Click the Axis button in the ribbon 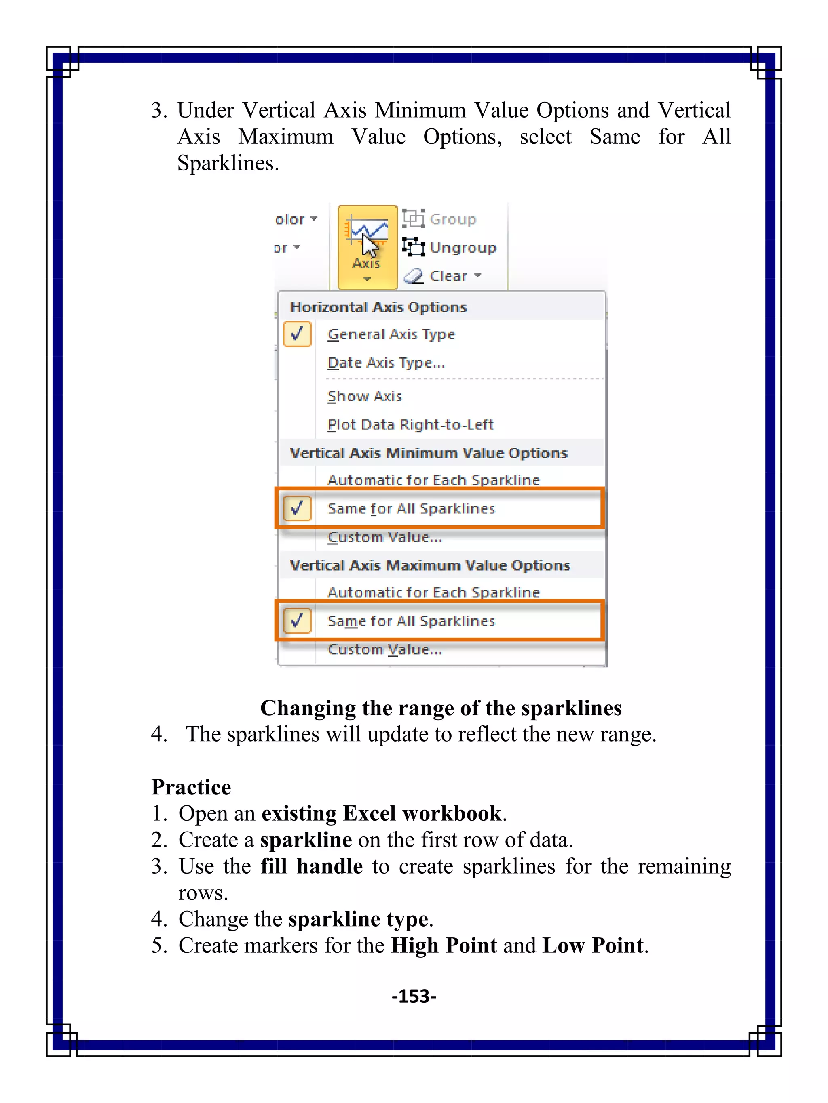click(368, 246)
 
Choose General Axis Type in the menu click(391, 334)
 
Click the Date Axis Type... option click(386, 363)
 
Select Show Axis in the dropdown click(364, 397)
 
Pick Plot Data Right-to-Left click(410, 424)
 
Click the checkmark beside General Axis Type click(298, 334)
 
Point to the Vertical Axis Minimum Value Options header click(429, 453)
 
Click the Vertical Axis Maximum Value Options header click(430, 565)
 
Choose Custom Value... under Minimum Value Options click(384, 537)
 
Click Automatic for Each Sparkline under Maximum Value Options click(433, 592)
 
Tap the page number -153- click(414, 996)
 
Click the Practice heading click(191, 787)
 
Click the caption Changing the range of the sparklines click(441, 708)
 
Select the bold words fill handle click(311, 867)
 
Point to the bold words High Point click(444, 945)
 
